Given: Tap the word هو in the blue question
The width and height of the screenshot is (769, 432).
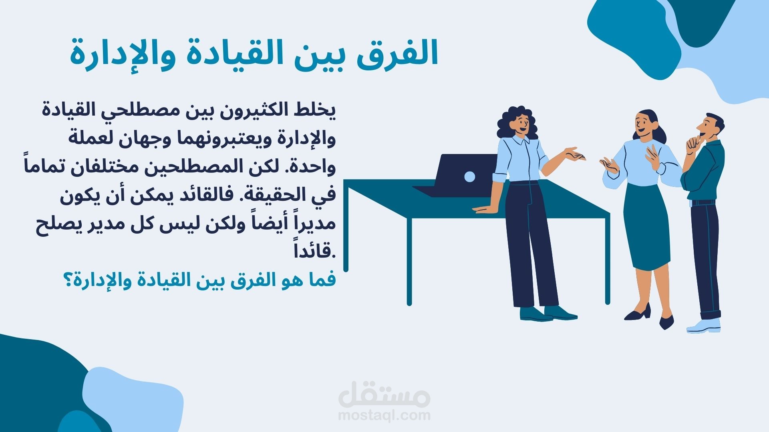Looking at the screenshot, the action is pyautogui.click(x=287, y=280).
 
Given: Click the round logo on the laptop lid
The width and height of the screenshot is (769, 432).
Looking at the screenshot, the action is pyautogui.click(x=470, y=176).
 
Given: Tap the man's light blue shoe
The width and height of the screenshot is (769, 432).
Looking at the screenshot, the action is pyautogui.click(x=703, y=326).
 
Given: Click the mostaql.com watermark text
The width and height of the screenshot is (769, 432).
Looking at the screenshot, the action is pyautogui.click(x=384, y=415).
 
